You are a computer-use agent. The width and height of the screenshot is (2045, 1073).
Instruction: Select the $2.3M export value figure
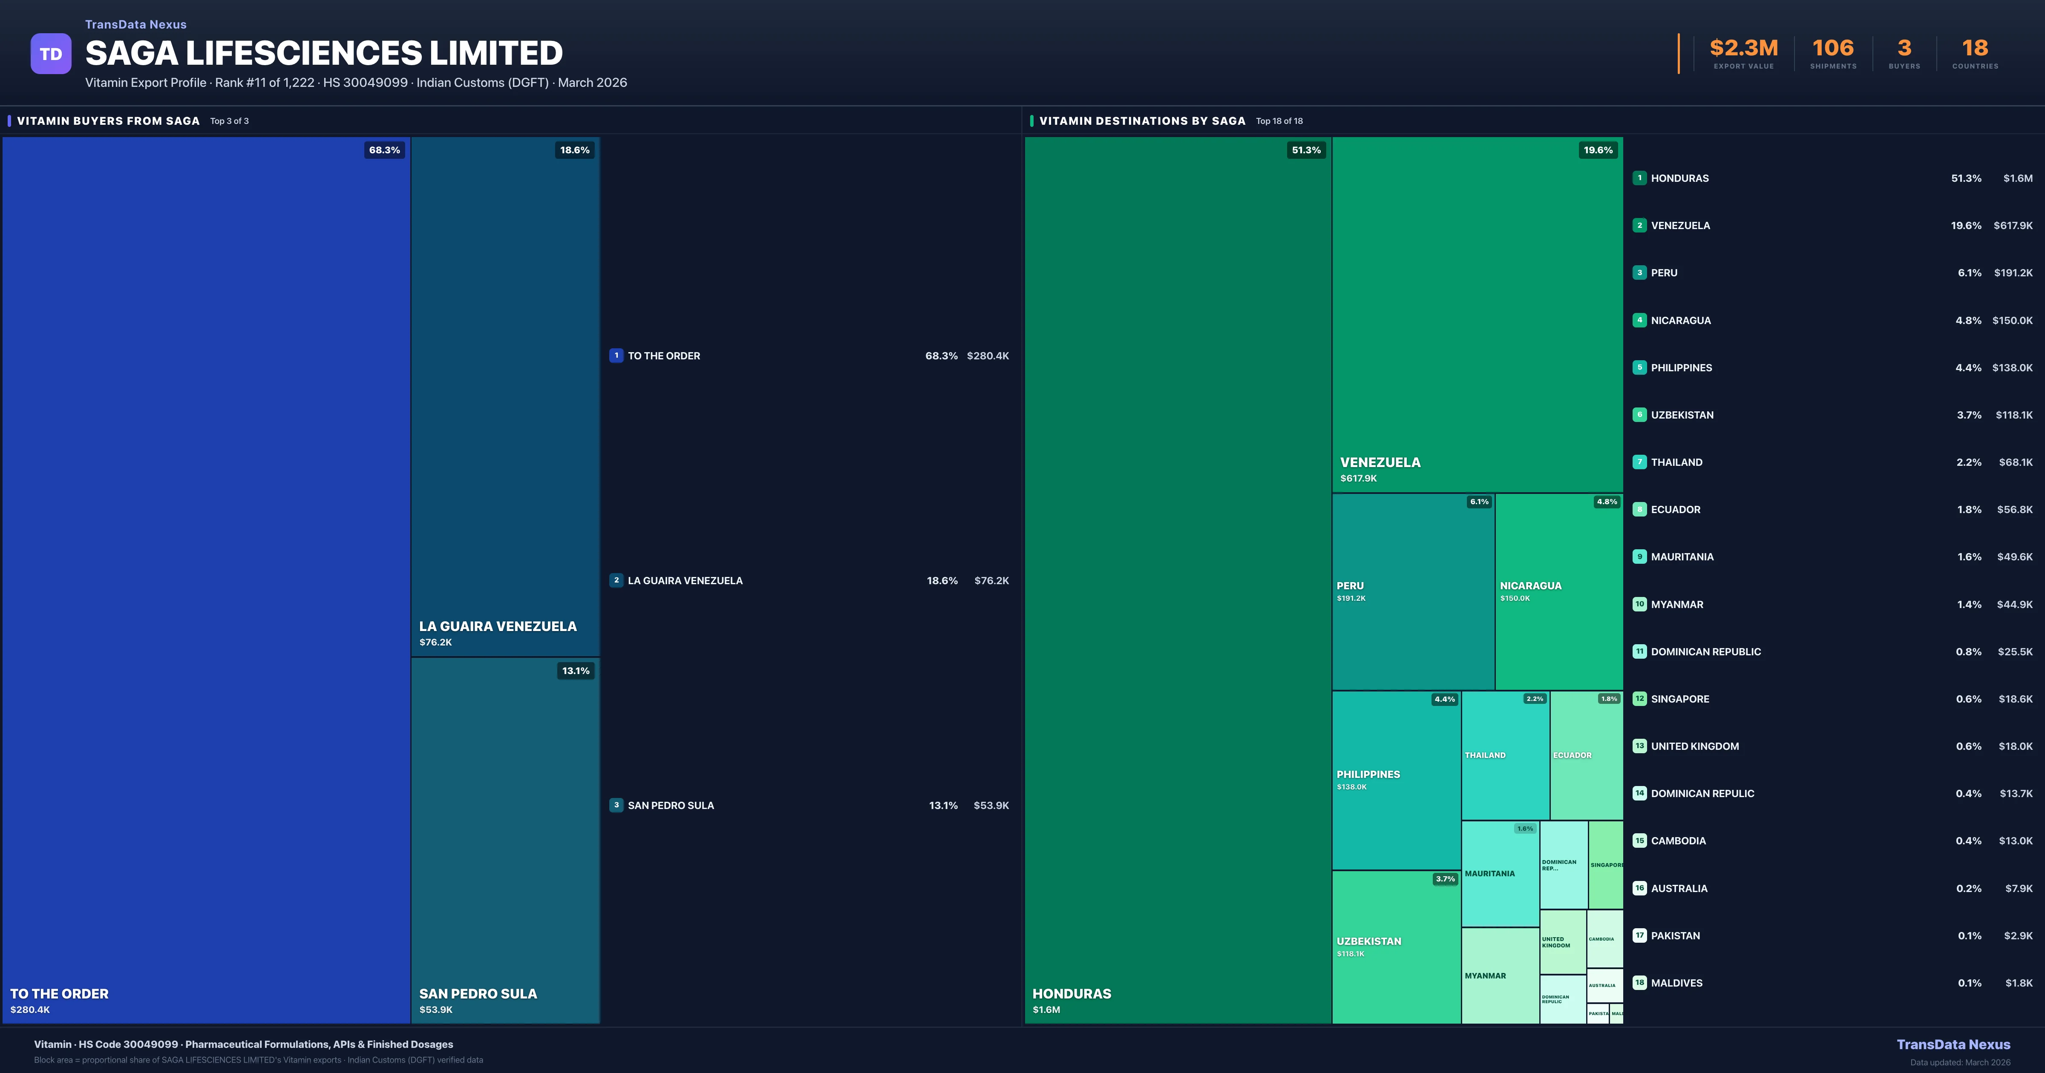(x=1743, y=49)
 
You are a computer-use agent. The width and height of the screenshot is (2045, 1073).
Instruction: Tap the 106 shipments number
(x=1832, y=49)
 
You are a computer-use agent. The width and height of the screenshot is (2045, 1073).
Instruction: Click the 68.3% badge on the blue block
(x=384, y=150)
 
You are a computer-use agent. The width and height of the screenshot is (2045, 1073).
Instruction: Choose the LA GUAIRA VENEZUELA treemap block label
(x=498, y=626)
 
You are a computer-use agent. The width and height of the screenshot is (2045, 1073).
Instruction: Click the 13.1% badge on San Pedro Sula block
(x=576, y=671)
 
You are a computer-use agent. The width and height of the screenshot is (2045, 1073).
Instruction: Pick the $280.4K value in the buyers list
(x=988, y=356)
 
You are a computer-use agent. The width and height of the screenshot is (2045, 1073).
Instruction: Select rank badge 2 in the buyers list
(x=616, y=580)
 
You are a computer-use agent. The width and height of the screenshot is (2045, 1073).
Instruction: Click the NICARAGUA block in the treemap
(x=1558, y=591)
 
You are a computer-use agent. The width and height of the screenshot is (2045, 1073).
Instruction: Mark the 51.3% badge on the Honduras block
(x=1306, y=150)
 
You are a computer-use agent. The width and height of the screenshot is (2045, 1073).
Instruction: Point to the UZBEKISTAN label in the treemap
(x=1368, y=941)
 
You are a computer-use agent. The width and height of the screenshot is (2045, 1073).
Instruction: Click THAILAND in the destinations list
(x=1676, y=462)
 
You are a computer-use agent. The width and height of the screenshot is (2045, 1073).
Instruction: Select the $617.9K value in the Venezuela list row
(x=2013, y=225)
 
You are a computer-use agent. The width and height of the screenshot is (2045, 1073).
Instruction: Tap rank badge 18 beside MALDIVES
(x=1639, y=983)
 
